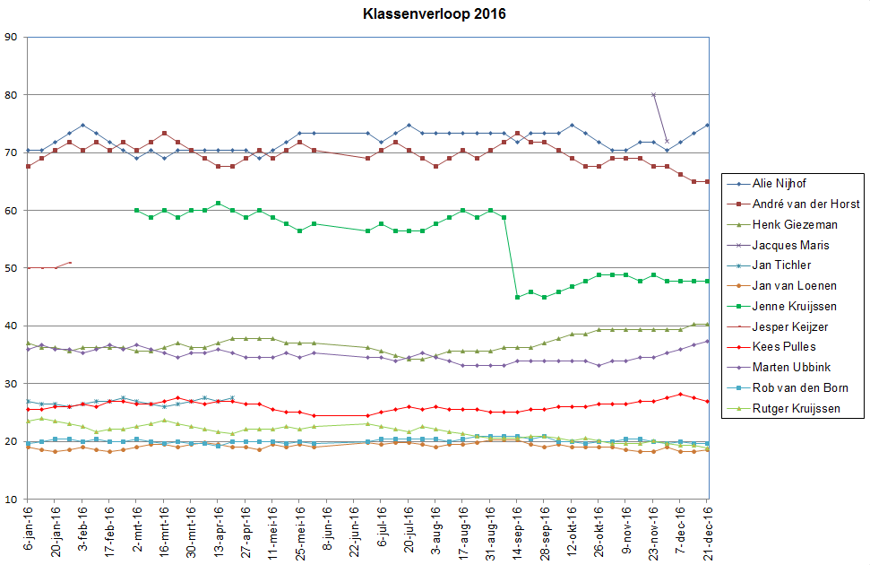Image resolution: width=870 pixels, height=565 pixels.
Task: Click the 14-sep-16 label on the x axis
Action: click(518, 529)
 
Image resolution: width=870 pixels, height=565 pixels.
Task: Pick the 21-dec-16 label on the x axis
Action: click(708, 529)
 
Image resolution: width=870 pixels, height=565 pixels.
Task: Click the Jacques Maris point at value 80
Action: click(653, 95)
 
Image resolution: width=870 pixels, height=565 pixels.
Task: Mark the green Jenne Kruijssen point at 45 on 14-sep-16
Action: click(517, 297)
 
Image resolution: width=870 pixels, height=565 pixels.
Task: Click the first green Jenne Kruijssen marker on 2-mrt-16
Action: click(136, 211)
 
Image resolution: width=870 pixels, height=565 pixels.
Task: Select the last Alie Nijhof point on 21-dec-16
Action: click(707, 125)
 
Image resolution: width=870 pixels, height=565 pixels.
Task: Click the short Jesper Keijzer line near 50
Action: click(49, 266)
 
